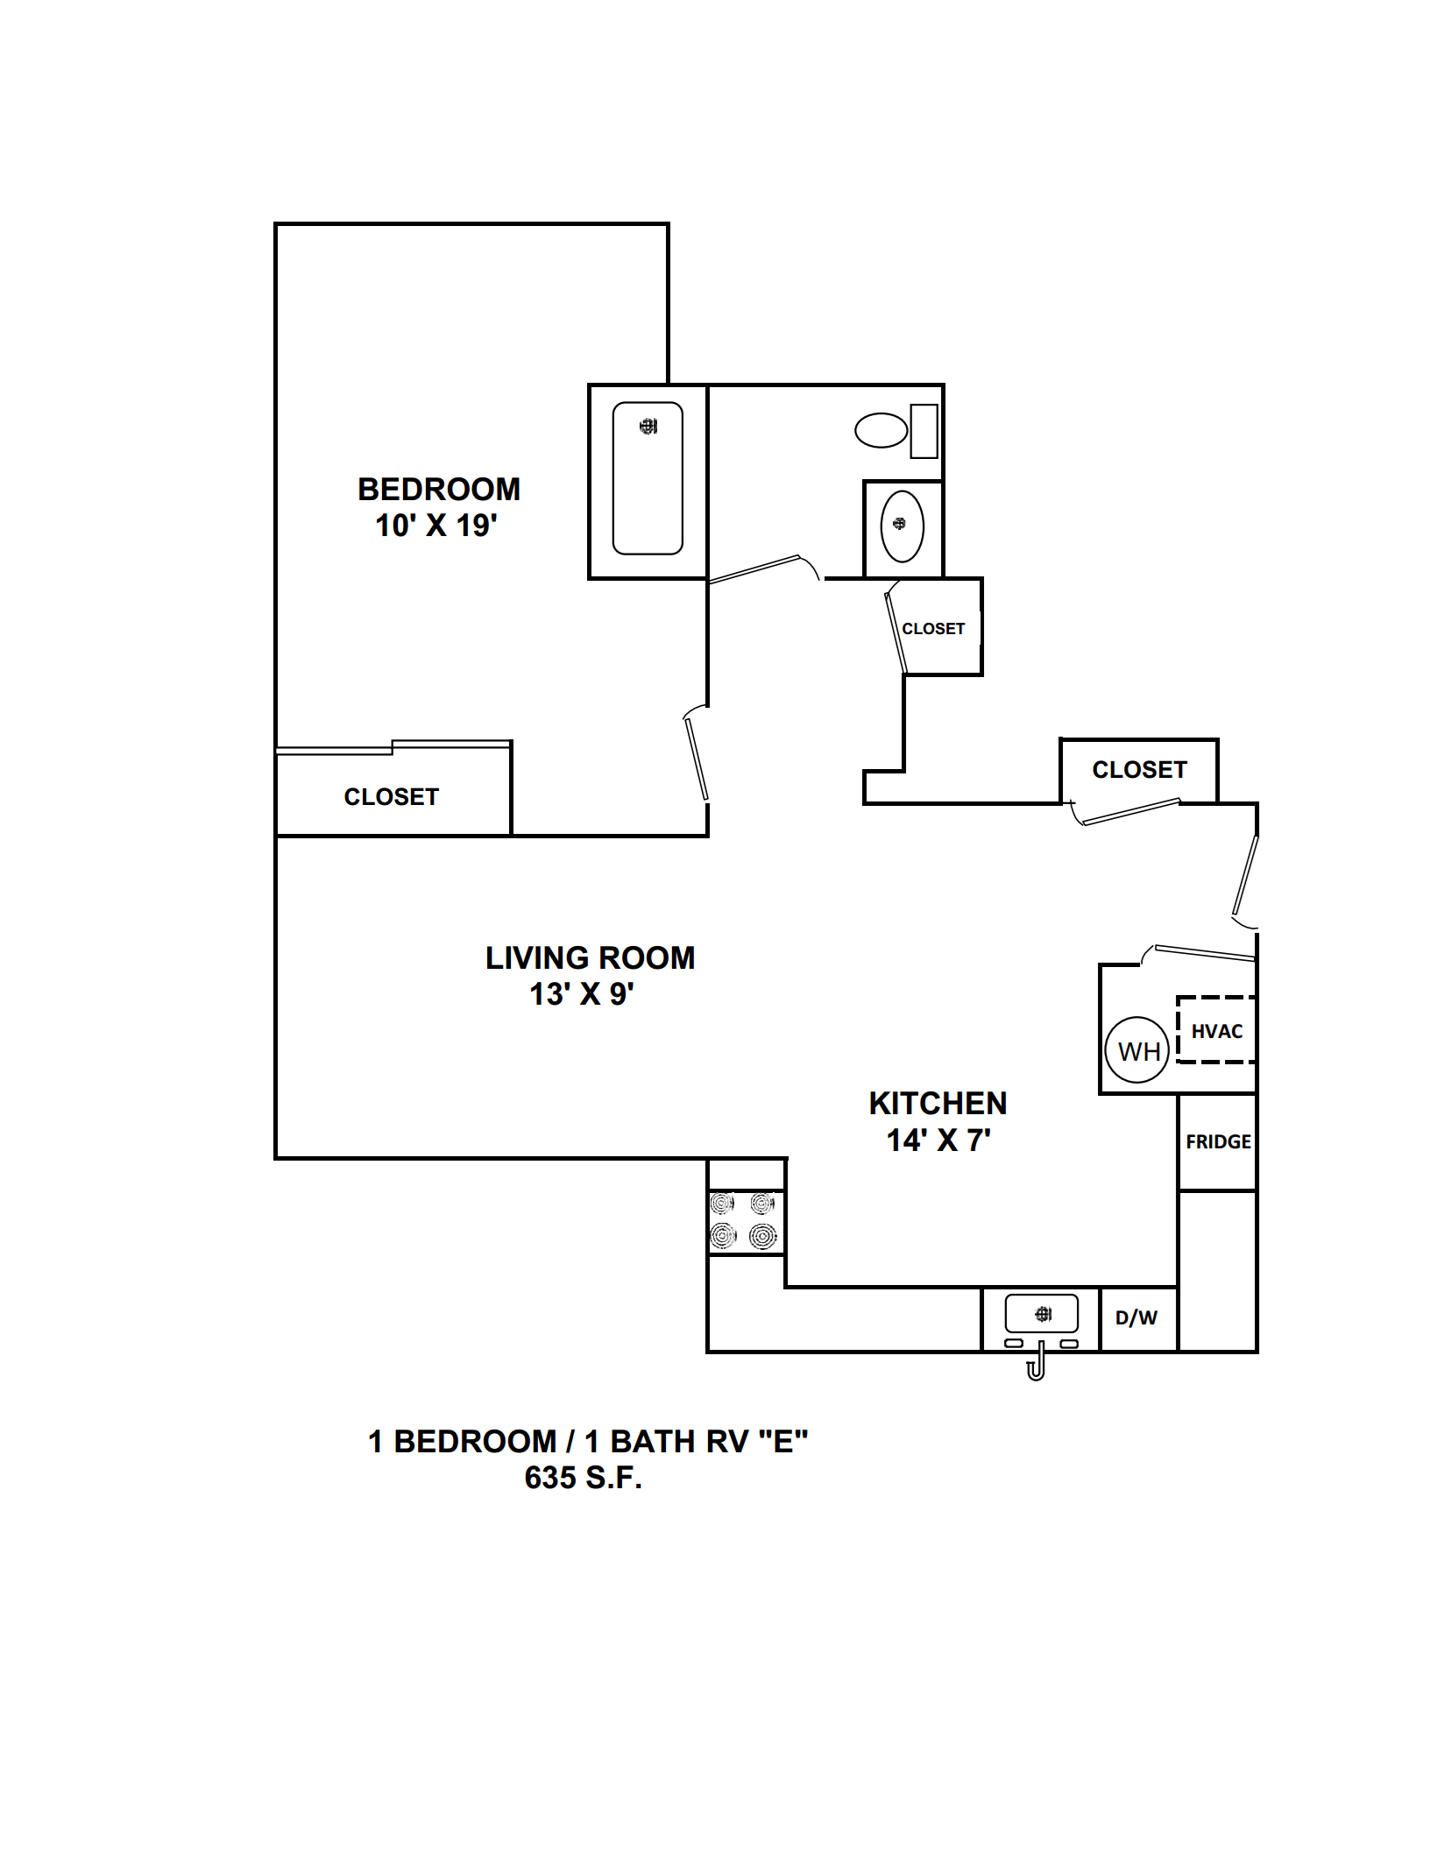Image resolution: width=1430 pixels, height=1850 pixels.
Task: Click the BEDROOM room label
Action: click(439, 489)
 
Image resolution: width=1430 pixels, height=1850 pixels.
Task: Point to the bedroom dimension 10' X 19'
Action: click(436, 526)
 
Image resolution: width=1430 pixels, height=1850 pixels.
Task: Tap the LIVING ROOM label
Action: click(591, 957)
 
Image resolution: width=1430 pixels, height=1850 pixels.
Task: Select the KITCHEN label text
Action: click(938, 1103)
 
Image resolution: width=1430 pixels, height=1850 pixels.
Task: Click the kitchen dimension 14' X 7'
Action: click(938, 1140)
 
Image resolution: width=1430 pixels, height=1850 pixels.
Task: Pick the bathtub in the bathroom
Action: click(648, 478)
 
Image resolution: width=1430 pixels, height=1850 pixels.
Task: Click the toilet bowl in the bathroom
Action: click(881, 430)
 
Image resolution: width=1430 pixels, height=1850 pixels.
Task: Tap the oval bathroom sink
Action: click(902, 526)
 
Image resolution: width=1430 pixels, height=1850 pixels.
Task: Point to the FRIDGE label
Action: click(1218, 1141)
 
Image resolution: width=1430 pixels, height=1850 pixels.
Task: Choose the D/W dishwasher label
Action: click(1136, 1317)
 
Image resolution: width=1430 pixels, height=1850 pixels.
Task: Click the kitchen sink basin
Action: click(1041, 1314)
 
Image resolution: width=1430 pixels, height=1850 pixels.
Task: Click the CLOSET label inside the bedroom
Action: click(391, 796)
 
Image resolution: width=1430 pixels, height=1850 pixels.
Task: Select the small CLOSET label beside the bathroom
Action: click(933, 629)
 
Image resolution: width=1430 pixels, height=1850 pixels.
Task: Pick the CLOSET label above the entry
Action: click(1139, 769)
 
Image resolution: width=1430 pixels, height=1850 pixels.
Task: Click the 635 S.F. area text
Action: click(584, 1478)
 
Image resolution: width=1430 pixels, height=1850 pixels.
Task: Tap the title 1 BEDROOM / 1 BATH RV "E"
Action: click(587, 1441)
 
